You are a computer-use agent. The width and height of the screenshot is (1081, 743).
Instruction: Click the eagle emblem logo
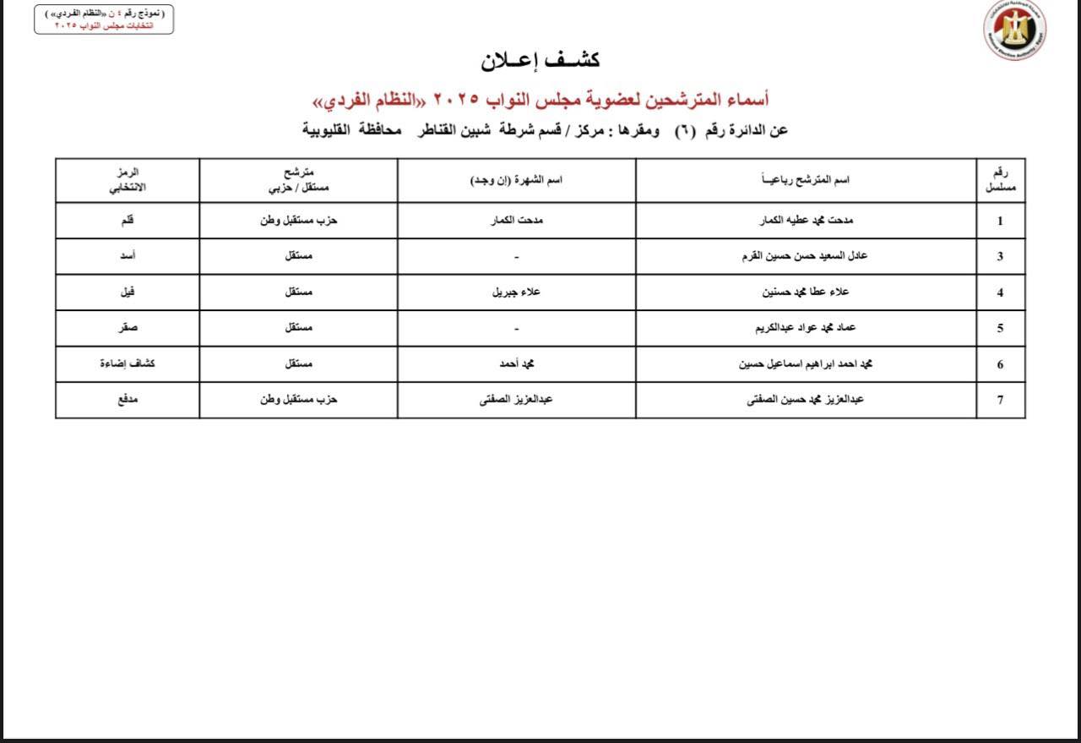click(1014, 30)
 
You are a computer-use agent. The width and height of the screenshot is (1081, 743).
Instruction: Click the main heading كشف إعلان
click(540, 60)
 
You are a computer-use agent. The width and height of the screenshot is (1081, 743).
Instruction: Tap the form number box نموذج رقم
click(104, 19)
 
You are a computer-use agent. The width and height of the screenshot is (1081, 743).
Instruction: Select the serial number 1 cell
click(1001, 221)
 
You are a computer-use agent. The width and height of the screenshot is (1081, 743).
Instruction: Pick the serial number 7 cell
click(1001, 400)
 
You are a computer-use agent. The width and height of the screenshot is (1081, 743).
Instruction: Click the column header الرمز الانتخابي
click(128, 179)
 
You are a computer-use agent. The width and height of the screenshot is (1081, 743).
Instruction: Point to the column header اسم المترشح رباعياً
click(806, 180)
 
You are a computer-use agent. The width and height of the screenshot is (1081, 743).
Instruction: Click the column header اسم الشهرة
click(516, 180)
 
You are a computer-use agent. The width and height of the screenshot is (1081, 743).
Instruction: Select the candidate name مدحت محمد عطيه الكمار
click(806, 221)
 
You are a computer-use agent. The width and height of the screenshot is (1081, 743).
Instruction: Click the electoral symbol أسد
click(128, 256)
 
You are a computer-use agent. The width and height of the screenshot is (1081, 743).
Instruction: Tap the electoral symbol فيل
click(128, 292)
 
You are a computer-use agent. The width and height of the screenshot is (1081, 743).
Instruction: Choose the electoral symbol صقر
click(128, 328)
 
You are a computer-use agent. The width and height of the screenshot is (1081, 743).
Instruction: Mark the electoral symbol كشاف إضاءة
click(128, 363)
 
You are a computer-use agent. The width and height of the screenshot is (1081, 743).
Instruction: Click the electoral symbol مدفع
click(128, 400)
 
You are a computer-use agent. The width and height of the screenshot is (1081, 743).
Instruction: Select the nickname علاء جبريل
click(516, 292)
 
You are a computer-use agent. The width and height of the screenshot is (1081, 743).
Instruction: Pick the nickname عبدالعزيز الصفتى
click(516, 400)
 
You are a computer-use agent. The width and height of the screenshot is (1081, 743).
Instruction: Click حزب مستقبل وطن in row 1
click(298, 221)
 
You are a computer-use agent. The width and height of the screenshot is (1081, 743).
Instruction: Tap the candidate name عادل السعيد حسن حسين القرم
click(806, 256)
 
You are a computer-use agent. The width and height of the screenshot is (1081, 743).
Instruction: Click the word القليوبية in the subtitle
click(333, 130)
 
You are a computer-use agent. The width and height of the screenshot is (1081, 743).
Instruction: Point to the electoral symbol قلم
click(128, 221)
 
